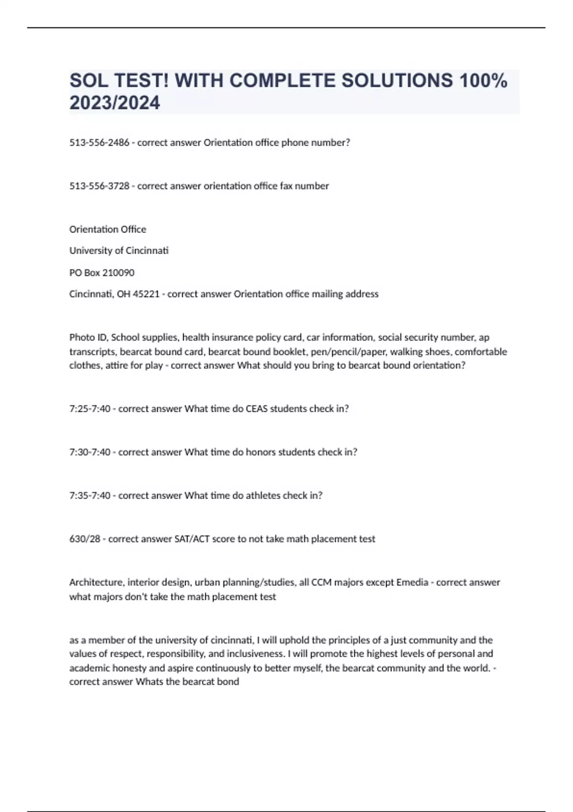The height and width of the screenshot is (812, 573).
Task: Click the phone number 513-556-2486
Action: pos(99,143)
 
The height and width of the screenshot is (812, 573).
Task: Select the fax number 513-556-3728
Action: pos(99,186)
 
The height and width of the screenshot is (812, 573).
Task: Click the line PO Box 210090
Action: pos(102,273)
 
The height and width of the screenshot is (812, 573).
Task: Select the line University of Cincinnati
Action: pos(119,251)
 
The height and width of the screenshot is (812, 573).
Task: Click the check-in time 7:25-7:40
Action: pos(90,409)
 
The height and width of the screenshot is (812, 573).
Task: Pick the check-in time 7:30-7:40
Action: pos(90,452)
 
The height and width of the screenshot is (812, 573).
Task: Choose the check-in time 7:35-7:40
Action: pos(90,496)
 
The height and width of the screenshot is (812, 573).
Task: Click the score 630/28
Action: pos(85,539)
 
